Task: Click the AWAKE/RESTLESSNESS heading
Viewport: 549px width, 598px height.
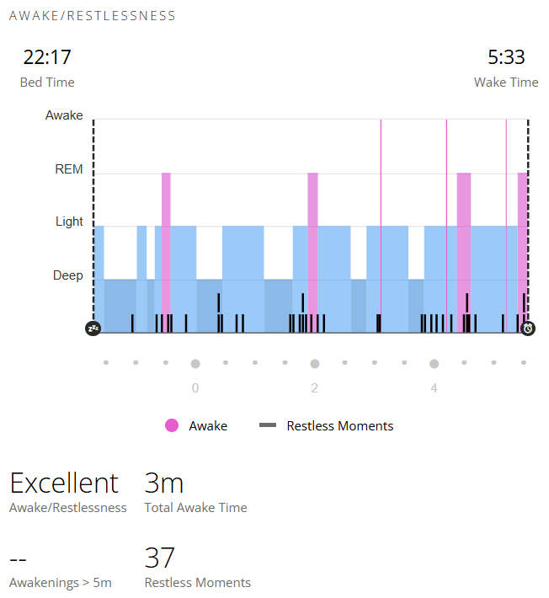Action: pos(93,16)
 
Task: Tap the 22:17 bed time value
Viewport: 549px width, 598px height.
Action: pos(47,57)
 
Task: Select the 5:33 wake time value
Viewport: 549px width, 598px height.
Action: pos(506,57)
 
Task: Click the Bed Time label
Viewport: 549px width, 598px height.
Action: pos(47,83)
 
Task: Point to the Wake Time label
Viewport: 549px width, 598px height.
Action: pos(506,83)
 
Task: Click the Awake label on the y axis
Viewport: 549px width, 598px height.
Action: pos(64,115)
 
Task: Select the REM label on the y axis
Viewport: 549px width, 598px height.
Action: pos(69,169)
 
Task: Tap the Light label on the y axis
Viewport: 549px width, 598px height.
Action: pos(69,222)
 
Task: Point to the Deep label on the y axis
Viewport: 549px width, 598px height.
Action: pos(68,275)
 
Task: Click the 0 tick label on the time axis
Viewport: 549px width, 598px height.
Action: pos(195,388)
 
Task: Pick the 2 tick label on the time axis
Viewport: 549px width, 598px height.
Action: pos(314,388)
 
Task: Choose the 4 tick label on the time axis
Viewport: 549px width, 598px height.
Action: pos(434,388)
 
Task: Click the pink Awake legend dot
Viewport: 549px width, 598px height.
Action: pos(172,425)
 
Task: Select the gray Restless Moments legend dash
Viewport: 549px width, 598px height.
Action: pos(268,424)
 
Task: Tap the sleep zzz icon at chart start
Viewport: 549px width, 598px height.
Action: pos(93,328)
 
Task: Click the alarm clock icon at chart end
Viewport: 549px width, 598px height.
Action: pos(528,328)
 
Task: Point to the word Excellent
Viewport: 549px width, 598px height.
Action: pos(64,483)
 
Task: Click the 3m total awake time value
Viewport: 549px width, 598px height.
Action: pos(164,483)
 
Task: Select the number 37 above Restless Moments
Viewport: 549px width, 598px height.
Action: pos(159,558)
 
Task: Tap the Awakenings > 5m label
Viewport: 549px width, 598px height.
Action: pos(61,583)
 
